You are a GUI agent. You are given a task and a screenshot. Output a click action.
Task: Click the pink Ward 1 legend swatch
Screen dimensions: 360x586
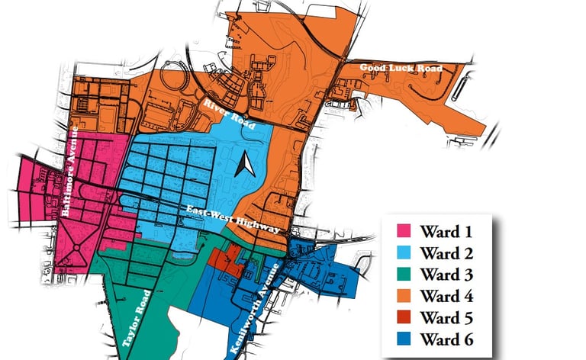(404, 230)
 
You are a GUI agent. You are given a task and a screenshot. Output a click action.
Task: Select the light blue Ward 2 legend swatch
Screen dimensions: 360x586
(404, 252)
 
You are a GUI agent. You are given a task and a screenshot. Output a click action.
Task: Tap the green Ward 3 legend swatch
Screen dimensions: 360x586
(404, 274)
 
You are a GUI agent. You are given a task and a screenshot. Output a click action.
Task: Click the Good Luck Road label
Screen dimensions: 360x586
(401, 69)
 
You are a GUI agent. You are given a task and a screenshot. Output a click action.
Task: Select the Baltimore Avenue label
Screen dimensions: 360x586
(79, 168)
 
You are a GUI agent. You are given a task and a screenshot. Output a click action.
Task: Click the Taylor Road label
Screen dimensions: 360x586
(138, 320)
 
